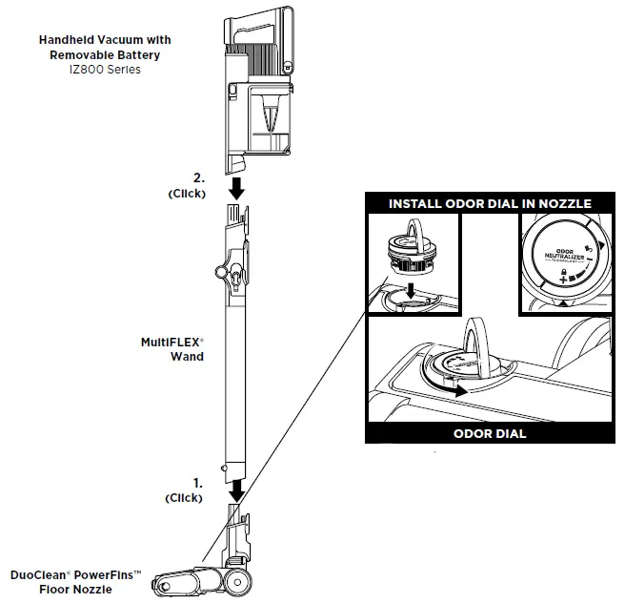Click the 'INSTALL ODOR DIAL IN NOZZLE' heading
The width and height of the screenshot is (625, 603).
point(491,203)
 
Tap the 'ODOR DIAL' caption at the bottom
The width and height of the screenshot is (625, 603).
point(491,433)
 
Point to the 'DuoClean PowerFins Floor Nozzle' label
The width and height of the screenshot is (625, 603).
point(76,582)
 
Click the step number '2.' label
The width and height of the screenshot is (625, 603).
point(198,178)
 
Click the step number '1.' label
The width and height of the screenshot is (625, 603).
point(197,485)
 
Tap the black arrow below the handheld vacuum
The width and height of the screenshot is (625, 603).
point(237,187)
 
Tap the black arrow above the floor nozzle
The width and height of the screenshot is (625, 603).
point(237,489)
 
